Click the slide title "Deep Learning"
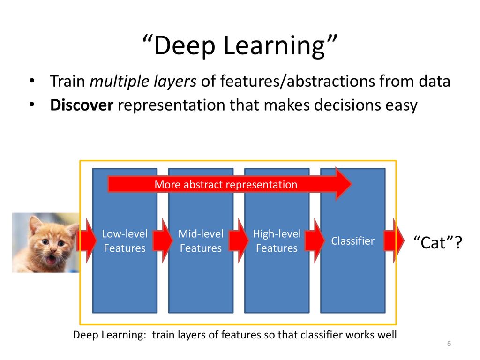coord(240,45)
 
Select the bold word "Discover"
coord(82,105)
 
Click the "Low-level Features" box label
coord(125,241)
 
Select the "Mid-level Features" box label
coord(201,241)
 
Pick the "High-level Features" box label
coord(277,241)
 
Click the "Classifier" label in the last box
coord(352,241)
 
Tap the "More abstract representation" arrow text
coord(226,185)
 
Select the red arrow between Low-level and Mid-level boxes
coord(163,241)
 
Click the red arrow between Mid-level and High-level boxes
coord(239,241)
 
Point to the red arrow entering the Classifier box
coord(315,241)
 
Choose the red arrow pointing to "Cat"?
coord(394,241)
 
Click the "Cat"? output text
coord(437,242)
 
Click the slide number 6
coord(449,344)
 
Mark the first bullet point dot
coord(32,81)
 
